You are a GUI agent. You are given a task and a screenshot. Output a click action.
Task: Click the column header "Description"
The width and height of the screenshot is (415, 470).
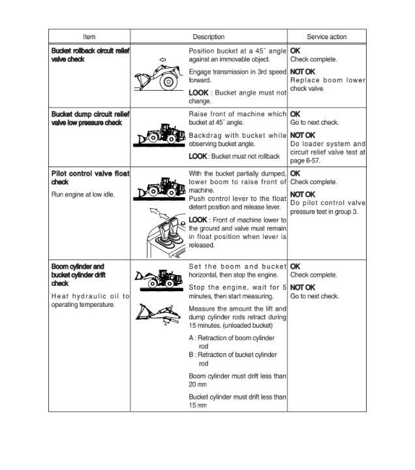coord(208,37)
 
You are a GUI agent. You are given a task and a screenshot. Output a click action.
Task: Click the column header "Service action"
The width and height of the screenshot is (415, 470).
coord(326,37)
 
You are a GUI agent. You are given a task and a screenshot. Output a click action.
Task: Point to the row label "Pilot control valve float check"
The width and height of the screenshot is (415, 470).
coord(89,178)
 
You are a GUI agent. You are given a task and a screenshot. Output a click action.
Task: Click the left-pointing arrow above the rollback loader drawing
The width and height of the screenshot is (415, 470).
coord(162,60)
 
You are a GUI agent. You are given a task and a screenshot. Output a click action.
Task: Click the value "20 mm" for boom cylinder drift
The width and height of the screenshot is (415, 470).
coord(197,384)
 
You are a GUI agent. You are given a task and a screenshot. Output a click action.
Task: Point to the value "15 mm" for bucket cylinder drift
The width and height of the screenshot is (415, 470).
coord(197,405)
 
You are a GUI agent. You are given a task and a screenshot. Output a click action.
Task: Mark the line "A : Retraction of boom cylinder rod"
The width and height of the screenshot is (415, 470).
coord(231,341)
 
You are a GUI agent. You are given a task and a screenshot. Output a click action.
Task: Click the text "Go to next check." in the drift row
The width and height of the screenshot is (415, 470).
coord(315,296)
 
